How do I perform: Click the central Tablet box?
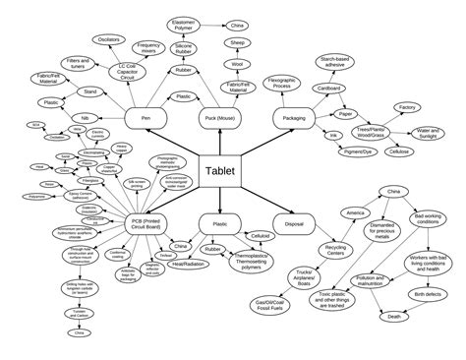tap(221, 169)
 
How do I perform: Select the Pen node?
tap(146, 118)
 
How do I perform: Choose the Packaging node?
tap(293, 118)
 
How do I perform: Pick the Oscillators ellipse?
tap(109, 39)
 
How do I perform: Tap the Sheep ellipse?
tap(236, 44)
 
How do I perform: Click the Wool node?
tap(236, 64)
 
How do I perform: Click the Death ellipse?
tap(393, 317)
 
